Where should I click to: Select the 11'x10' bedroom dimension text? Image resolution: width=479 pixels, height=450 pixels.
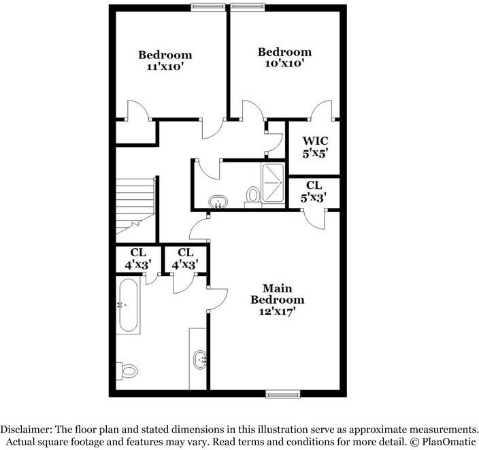(x=165, y=67)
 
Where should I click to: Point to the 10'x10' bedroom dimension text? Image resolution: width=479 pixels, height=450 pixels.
(x=284, y=64)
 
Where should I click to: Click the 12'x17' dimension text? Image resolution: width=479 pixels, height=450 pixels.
(x=277, y=311)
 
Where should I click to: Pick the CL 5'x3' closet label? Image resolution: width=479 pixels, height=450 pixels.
(x=314, y=190)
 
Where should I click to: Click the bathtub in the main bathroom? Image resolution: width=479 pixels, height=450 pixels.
(x=128, y=306)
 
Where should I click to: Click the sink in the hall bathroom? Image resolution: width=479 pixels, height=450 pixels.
(x=218, y=202)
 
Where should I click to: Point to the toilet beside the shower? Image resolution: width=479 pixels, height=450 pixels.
(x=252, y=196)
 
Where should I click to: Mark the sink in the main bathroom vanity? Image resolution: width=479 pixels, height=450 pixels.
(x=200, y=360)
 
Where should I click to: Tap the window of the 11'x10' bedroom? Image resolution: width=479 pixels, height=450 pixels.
(x=209, y=7)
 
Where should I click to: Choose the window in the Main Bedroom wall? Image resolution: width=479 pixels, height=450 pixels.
(x=284, y=394)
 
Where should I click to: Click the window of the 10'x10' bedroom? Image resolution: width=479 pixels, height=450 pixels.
(x=249, y=7)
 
